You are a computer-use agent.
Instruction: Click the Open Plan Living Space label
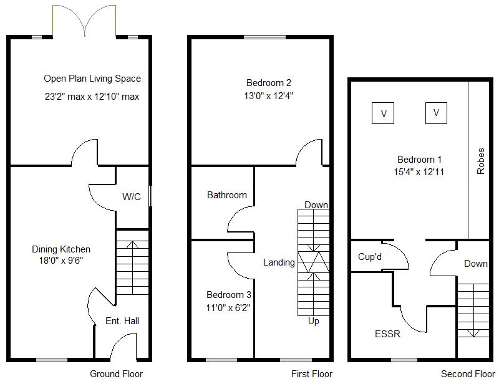pyautogui.click(x=92, y=79)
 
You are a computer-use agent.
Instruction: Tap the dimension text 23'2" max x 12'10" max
pyautogui.click(x=92, y=97)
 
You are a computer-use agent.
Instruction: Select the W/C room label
pyautogui.click(x=132, y=197)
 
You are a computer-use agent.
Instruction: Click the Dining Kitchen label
pyautogui.click(x=61, y=249)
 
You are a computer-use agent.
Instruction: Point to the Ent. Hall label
pyautogui.click(x=122, y=321)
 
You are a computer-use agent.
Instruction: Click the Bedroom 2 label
pyautogui.click(x=269, y=82)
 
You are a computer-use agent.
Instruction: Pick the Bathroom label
pyautogui.click(x=227, y=195)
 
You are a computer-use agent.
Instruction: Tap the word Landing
pyautogui.click(x=279, y=262)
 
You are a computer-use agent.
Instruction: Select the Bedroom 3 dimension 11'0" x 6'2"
pyautogui.click(x=230, y=307)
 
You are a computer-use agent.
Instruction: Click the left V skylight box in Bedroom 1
pyautogui.click(x=384, y=113)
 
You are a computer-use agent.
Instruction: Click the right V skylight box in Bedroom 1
pyautogui.click(x=437, y=113)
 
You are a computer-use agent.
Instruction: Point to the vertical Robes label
pyautogui.click(x=480, y=161)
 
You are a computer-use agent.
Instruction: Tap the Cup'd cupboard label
pyautogui.click(x=370, y=257)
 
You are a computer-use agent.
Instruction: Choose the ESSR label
pyautogui.click(x=387, y=334)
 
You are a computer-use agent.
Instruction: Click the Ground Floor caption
pyautogui.click(x=117, y=374)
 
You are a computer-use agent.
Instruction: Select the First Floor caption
pyautogui.click(x=312, y=374)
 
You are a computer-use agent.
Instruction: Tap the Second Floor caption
pyautogui.click(x=468, y=374)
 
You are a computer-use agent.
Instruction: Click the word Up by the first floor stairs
pyautogui.click(x=314, y=321)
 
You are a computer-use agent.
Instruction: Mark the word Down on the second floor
pyautogui.click(x=476, y=264)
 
